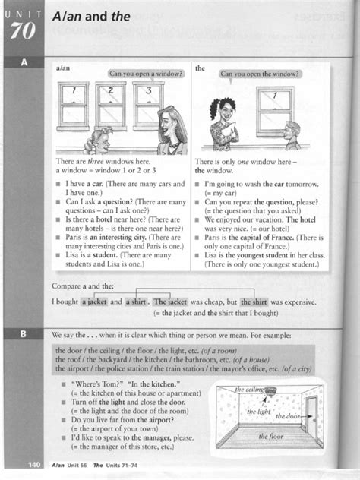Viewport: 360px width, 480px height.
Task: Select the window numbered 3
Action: tap(148, 99)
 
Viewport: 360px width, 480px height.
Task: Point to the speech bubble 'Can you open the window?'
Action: tap(259, 74)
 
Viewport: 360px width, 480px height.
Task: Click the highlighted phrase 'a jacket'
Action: tap(95, 301)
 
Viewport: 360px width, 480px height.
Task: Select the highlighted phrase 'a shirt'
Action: tap(136, 301)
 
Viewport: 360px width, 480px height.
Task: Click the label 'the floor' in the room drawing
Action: tap(271, 436)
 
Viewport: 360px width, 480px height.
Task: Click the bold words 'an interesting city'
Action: tap(113, 235)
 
